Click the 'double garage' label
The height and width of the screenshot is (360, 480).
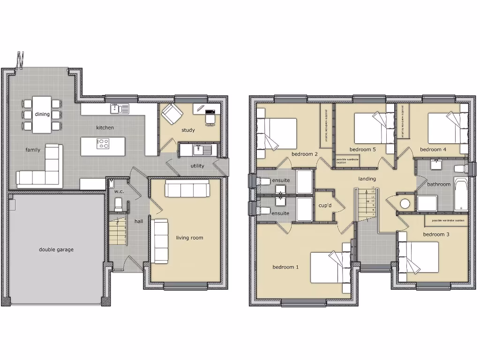point(56,250)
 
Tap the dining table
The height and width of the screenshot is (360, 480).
point(42,114)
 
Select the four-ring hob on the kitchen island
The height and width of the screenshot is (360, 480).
point(103,144)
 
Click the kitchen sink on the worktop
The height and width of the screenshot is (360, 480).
point(120,109)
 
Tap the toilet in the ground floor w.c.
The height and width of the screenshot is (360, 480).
point(118,204)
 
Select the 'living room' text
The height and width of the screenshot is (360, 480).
point(189,238)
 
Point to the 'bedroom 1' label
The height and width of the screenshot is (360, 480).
point(286,267)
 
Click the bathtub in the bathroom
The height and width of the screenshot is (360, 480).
point(461,195)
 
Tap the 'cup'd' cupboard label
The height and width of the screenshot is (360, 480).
point(325,205)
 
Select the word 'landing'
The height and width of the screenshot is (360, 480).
point(367,179)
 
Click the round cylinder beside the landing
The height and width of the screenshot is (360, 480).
point(405,203)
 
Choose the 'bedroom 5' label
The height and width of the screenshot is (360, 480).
point(362,150)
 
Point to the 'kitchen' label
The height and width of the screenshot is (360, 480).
point(105,127)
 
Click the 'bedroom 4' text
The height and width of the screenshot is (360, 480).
point(433,150)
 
